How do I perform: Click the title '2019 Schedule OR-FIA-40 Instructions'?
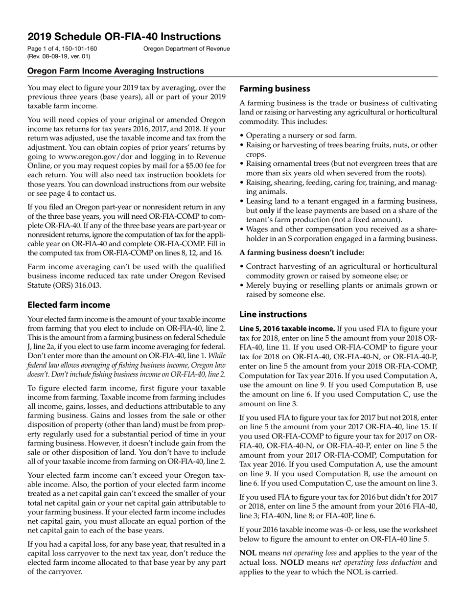(x=124, y=37)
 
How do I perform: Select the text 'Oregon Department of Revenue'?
(x=186, y=49)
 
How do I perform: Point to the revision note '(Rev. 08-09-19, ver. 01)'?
(x=59, y=56)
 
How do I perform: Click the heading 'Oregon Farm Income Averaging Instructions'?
(x=116, y=71)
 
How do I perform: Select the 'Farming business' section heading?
(x=274, y=89)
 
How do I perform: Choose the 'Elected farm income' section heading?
(x=69, y=305)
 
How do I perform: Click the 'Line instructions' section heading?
(x=273, y=314)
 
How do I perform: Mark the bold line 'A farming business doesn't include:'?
(x=302, y=253)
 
